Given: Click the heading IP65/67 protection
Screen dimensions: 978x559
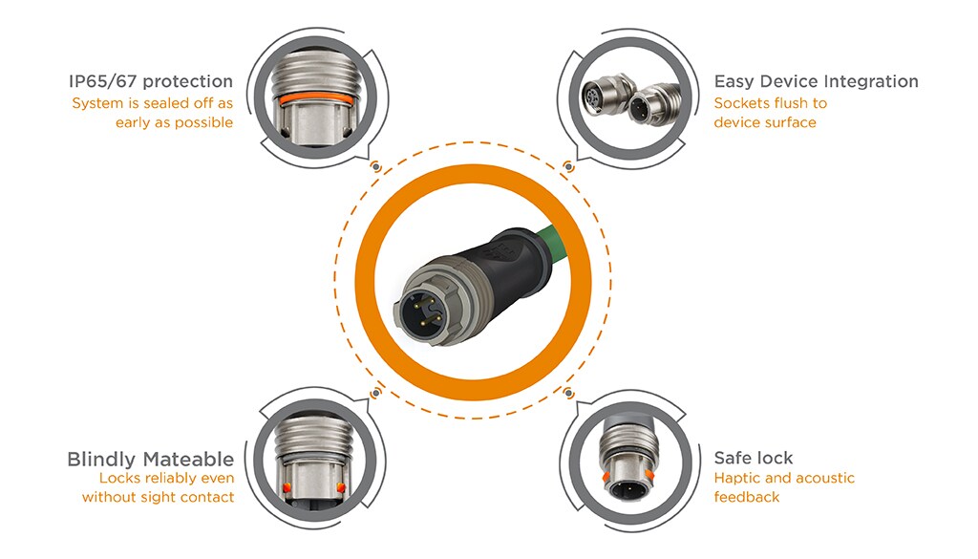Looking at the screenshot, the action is (150, 81).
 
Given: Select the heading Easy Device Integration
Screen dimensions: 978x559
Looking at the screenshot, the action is (816, 82).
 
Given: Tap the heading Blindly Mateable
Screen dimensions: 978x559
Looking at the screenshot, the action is (150, 460).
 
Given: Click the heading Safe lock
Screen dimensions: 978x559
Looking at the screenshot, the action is (754, 458).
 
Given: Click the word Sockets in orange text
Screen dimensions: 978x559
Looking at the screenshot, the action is (739, 103).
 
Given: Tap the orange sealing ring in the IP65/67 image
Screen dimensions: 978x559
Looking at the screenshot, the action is (318, 98).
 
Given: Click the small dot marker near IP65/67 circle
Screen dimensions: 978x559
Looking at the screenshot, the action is (376, 166).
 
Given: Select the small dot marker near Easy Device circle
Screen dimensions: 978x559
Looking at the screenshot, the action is (568, 166).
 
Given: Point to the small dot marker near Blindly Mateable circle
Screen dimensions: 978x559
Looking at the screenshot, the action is (376, 394).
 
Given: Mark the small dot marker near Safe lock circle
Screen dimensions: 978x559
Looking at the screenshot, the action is (568, 393).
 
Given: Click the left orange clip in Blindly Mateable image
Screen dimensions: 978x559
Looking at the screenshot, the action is (287, 487).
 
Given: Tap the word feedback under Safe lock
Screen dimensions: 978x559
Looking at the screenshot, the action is (747, 497).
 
